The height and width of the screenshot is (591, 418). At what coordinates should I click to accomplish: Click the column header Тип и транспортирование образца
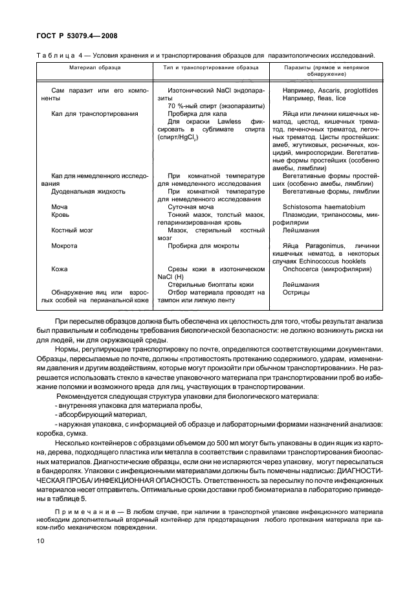click(x=212, y=67)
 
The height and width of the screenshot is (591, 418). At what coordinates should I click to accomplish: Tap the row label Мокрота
click(x=64, y=245)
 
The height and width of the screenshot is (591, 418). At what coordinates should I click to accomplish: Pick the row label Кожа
click(x=60, y=269)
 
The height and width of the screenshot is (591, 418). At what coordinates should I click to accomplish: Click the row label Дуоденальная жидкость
click(x=87, y=192)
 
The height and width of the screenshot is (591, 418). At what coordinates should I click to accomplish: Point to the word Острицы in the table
click(x=296, y=292)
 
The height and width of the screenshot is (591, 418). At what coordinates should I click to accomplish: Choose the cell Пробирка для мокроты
click(x=203, y=245)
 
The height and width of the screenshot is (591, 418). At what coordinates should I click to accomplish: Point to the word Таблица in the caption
click(x=54, y=55)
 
